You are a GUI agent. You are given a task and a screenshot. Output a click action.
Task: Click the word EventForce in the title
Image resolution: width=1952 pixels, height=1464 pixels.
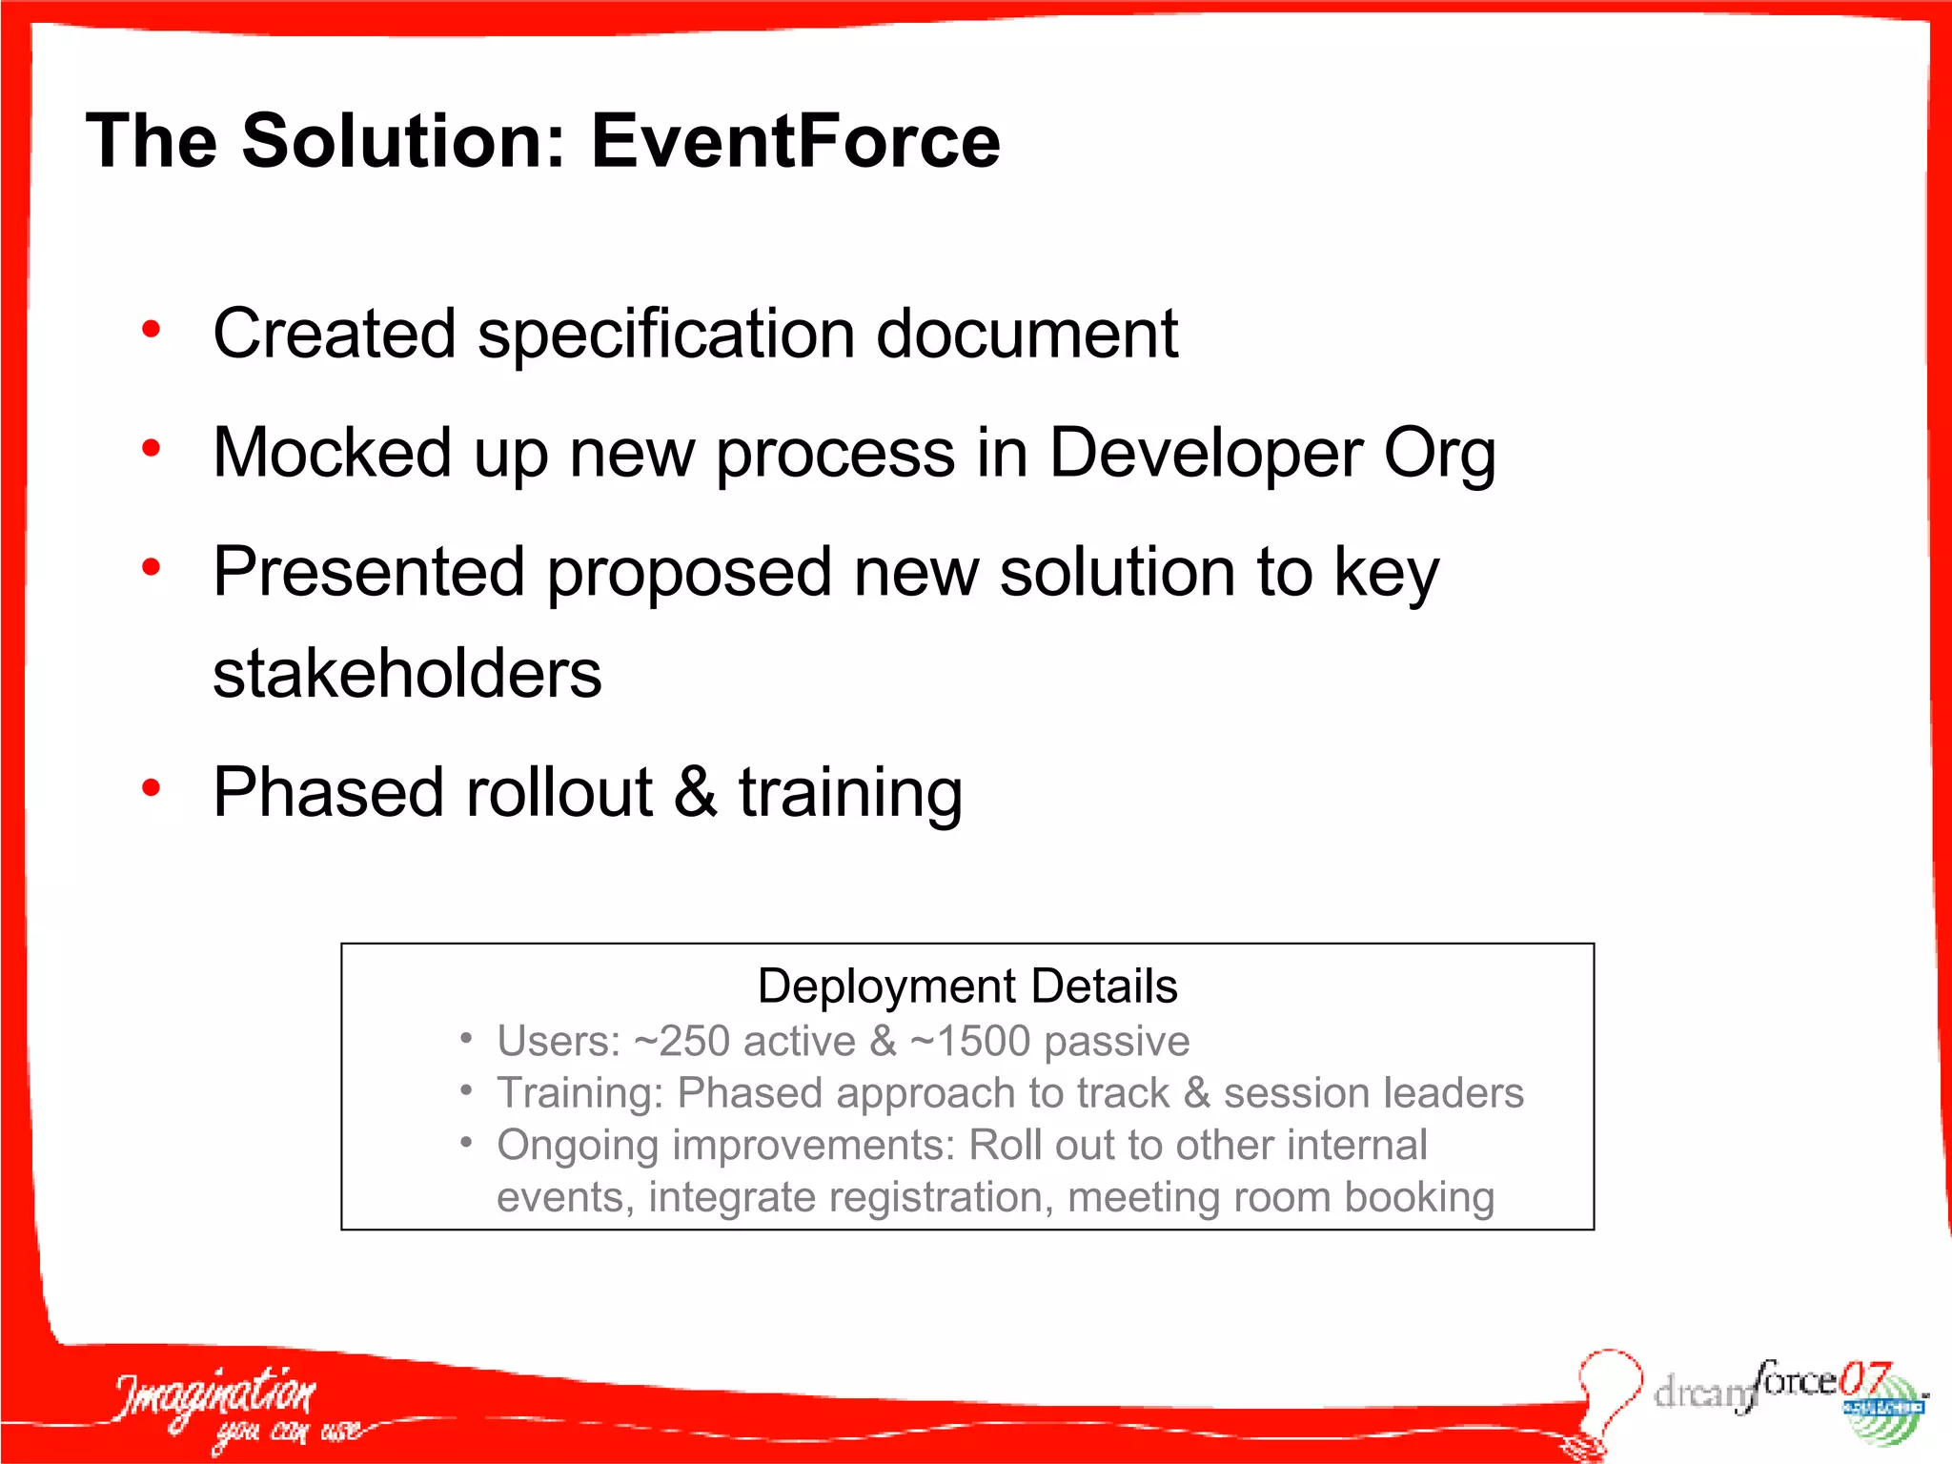795,141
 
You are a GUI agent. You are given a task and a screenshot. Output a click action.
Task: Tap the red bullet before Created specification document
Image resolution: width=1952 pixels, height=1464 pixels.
151,331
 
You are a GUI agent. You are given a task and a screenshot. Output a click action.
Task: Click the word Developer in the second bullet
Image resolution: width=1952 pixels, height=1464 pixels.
1205,453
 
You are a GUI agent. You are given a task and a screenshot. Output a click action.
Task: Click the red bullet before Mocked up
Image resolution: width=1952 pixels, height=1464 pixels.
151,448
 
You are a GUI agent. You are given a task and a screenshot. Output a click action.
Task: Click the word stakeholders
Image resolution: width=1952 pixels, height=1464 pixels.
407,674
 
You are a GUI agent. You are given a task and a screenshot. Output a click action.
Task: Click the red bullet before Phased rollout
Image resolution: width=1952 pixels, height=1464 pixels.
151,788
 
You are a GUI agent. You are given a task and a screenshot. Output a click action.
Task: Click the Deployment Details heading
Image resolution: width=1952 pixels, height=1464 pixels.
966,986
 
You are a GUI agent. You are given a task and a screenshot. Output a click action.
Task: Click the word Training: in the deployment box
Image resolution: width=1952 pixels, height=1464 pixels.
579,1093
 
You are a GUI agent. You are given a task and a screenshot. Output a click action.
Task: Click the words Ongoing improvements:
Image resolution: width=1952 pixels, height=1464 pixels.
725,1145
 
